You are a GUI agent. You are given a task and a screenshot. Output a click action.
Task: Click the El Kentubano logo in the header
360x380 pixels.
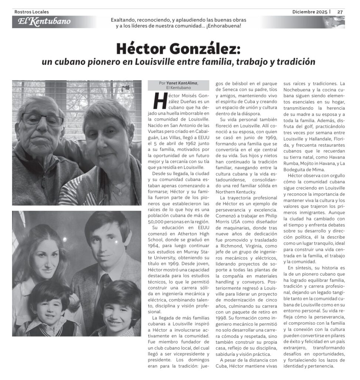coord(44,22)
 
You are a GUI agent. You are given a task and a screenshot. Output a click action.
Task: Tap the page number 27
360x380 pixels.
coord(340,12)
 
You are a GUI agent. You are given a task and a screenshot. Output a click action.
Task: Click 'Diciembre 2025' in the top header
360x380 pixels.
coord(310,12)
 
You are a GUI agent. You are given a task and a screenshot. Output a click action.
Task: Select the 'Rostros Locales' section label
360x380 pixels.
coord(32,12)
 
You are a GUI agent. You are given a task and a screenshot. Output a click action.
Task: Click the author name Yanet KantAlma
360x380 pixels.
coord(182,83)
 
